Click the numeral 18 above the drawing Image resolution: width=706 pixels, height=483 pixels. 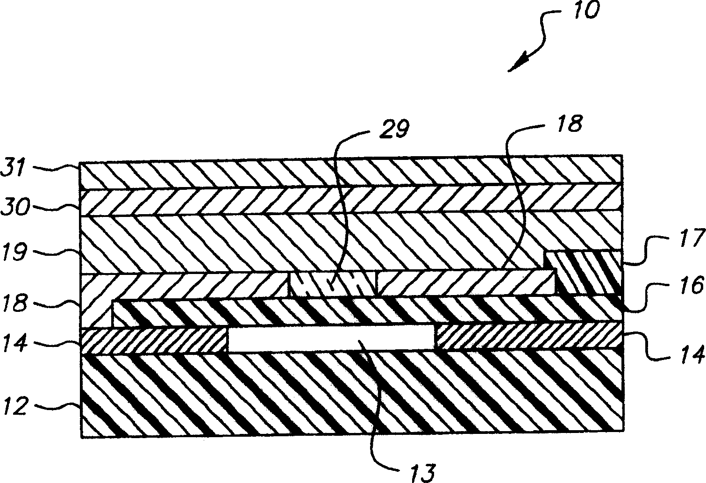pos(569,123)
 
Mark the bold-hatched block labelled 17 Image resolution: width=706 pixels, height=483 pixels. pos(587,273)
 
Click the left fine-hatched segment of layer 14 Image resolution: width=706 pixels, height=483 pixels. pos(154,341)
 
